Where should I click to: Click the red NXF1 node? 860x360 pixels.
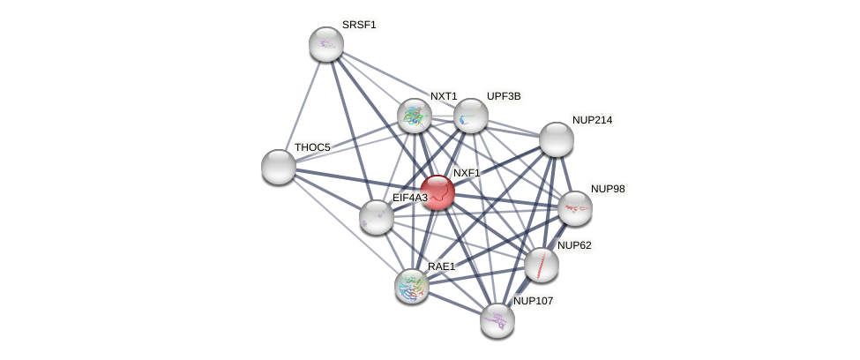(x=437, y=192)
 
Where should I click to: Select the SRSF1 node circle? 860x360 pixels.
(x=326, y=44)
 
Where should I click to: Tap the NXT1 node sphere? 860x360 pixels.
(x=415, y=116)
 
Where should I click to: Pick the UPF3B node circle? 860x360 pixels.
(x=471, y=116)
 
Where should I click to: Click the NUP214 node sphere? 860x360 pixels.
(x=557, y=139)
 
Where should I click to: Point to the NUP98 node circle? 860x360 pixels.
(x=575, y=208)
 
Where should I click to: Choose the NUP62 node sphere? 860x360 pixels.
(x=542, y=264)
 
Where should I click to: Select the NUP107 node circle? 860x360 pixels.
(x=497, y=319)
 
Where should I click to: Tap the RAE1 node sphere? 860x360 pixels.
(x=412, y=285)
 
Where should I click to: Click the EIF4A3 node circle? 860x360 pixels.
(x=377, y=217)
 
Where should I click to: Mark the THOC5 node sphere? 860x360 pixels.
(x=279, y=166)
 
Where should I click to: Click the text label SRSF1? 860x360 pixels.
(x=359, y=25)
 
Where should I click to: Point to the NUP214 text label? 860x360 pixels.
(x=591, y=120)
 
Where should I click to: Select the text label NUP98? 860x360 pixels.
(x=607, y=189)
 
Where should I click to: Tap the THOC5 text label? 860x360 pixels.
(x=312, y=147)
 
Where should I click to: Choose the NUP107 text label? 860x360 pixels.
(x=533, y=301)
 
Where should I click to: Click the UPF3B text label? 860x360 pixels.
(x=504, y=96)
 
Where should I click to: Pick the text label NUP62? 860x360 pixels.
(x=573, y=245)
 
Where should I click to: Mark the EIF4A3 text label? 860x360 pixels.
(x=409, y=198)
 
